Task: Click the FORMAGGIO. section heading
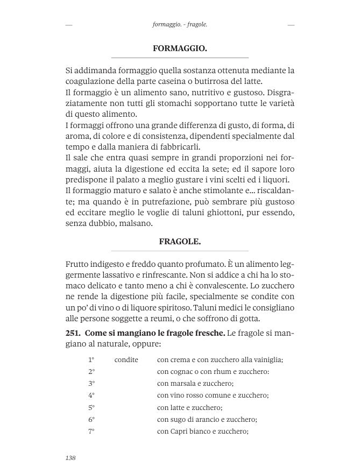tap(180, 48)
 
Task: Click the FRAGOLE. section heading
tap(180, 242)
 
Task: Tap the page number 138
tap(70, 457)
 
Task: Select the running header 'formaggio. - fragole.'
tap(180, 25)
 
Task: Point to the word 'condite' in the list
tap(126, 359)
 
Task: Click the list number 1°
tap(91, 359)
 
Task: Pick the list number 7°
tap(91, 431)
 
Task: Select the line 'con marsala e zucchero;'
tap(195, 383)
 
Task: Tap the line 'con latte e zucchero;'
tap(189, 407)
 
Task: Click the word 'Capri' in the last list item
tap(180, 431)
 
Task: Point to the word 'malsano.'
tap(152, 224)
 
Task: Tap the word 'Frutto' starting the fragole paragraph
tap(77, 264)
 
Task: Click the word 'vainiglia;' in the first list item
tap(266, 359)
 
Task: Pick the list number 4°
tap(91, 395)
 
